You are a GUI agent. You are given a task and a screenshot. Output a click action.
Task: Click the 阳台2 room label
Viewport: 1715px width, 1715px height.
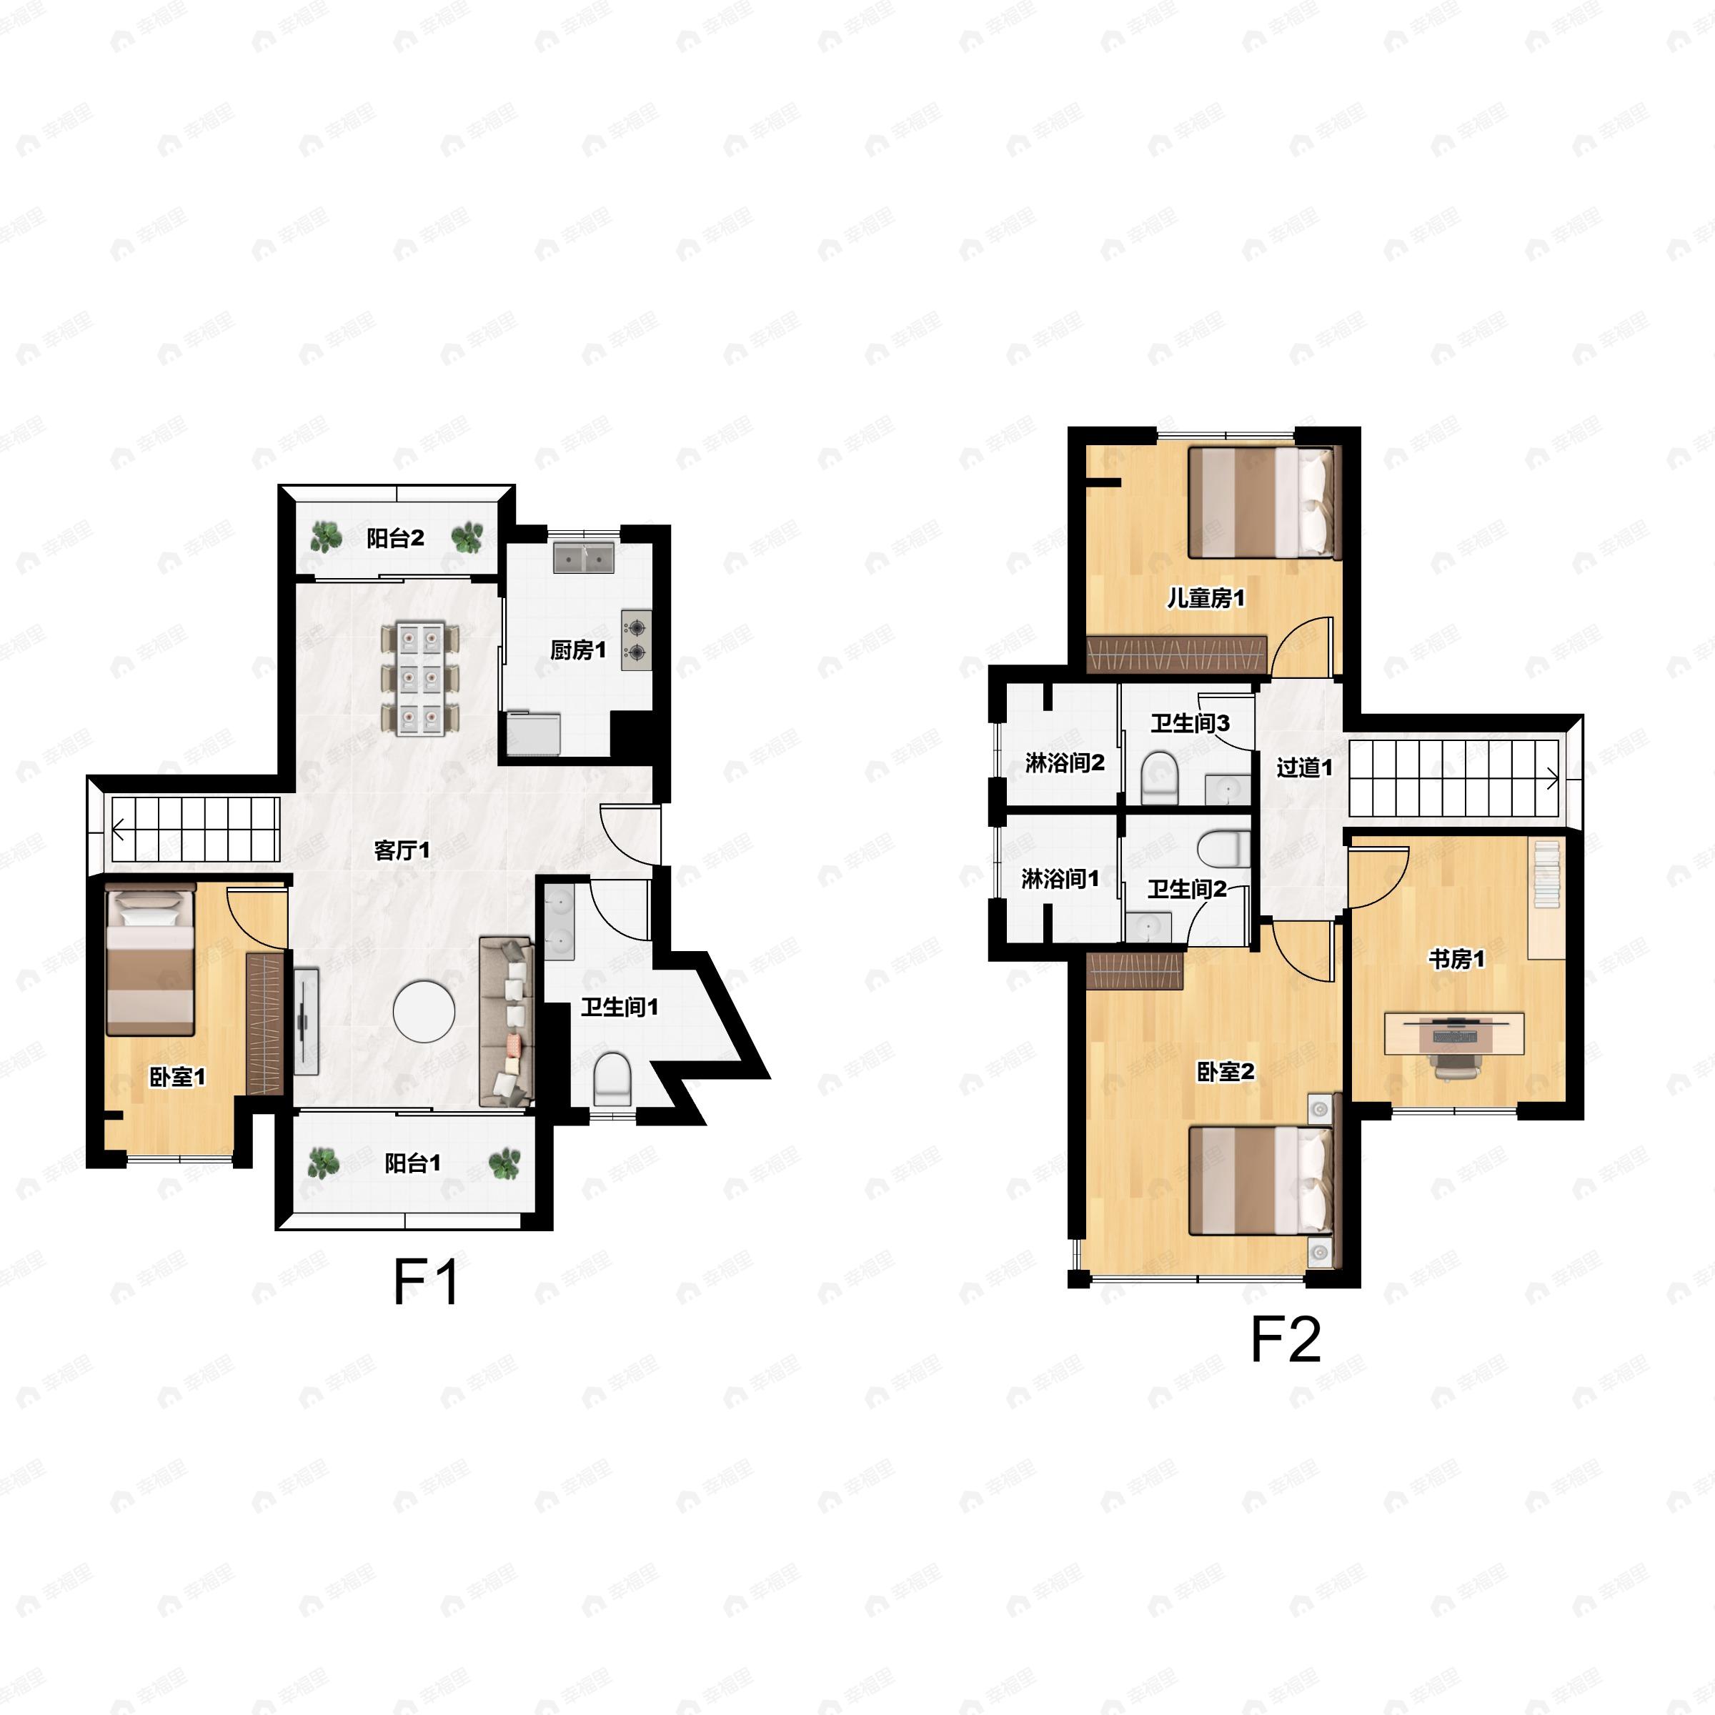395,538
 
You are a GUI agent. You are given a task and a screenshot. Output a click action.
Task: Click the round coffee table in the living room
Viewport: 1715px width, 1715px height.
424,1010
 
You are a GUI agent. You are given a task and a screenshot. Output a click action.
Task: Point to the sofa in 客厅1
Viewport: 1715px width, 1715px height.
507,1021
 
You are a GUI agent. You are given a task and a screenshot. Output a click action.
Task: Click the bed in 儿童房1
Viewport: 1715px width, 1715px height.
1261,502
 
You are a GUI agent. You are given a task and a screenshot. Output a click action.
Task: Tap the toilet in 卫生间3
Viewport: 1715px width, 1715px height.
1158,776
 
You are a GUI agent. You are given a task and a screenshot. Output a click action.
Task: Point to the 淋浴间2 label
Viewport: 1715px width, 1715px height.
1064,762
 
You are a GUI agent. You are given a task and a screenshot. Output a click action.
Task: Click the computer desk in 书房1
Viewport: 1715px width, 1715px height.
1455,1033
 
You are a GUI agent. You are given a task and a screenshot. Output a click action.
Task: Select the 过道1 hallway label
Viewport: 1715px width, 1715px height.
1304,767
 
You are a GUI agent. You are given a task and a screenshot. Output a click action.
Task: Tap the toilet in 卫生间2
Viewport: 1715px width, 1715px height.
1223,847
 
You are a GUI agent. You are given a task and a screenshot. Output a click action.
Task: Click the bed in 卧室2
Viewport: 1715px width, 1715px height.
1261,1180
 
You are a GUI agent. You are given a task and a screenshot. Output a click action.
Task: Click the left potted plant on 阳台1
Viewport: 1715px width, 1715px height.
323,1163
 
